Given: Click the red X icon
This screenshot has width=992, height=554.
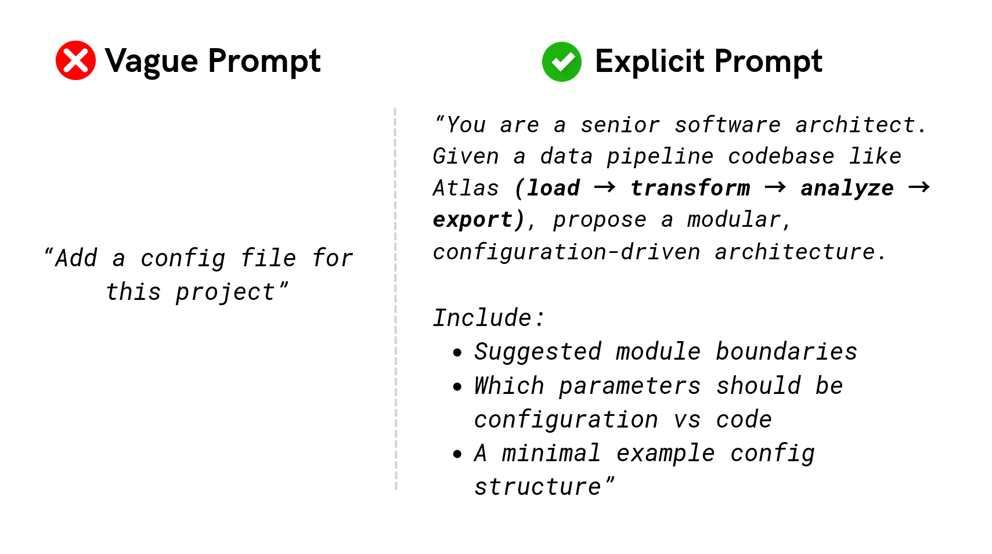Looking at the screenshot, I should coord(75,60).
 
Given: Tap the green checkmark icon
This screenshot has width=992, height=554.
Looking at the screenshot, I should coord(561,61).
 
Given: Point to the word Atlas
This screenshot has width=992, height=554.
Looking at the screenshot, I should coord(466,189).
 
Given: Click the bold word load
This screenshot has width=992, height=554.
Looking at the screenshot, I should coord(553,189).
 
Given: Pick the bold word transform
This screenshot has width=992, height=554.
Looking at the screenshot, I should coord(690,189).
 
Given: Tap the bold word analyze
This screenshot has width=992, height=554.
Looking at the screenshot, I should coord(847,189).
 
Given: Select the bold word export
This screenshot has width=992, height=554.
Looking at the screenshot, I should coord(472,220).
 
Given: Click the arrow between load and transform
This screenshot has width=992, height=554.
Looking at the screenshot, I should coord(604,187).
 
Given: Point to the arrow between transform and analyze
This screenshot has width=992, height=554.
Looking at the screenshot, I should coord(775,187).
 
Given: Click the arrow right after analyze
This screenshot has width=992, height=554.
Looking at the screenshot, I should coord(919,187).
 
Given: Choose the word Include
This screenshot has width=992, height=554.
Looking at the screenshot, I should coord(482,318).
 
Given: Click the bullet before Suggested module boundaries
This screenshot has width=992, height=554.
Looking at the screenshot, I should coord(457,352).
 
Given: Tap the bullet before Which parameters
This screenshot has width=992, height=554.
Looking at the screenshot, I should coord(457,386).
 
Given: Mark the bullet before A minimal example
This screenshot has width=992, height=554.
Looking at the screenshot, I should coord(457,454).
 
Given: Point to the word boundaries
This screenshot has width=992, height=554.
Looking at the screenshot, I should coord(786,352).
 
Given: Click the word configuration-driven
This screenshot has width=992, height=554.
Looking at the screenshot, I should coord(567,252).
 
